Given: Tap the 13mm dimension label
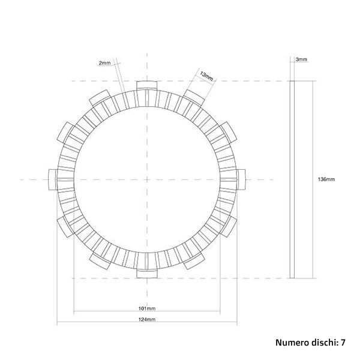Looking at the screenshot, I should click(x=206, y=76).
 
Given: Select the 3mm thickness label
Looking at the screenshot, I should click(x=302, y=59).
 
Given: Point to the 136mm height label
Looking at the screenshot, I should click(x=326, y=179).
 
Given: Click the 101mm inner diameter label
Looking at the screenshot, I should click(x=146, y=308).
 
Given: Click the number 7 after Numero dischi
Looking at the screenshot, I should click(x=343, y=343).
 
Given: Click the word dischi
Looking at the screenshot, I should click(x=324, y=343).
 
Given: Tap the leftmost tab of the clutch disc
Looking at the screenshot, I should click(x=54, y=179).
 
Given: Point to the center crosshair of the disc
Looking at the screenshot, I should click(x=146, y=179).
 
